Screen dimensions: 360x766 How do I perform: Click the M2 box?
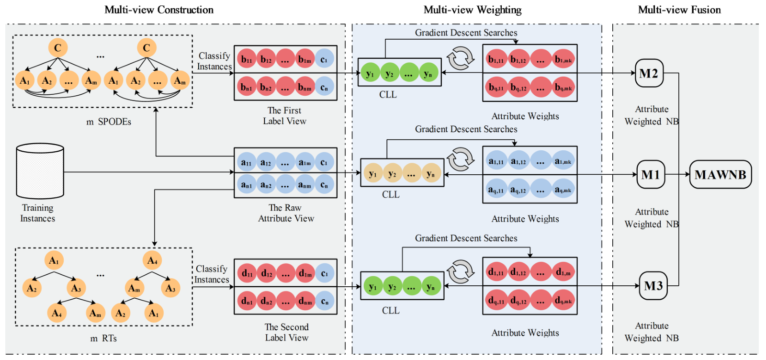[x=649, y=73]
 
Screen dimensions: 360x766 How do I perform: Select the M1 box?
[x=651, y=175]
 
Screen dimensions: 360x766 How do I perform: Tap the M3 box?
[x=653, y=286]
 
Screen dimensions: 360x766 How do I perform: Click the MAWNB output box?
[x=720, y=175]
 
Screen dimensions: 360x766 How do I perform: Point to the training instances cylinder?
[x=40, y=171]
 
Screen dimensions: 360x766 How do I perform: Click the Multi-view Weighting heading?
[x=473, y=10]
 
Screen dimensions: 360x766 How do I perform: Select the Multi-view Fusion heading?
[x=679, y=10]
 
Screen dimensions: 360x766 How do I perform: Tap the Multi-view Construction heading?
[x=159, y=10]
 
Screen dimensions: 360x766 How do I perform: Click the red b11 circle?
[x=247, y=59]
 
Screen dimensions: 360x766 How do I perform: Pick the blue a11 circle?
[x=246, y=163]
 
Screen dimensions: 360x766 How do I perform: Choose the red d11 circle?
[x=247, y=273]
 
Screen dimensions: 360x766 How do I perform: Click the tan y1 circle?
[x=372, y=174]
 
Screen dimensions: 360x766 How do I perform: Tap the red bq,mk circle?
[x=563, y=88]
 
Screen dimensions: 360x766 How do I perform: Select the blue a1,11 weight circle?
[x=496, y=162]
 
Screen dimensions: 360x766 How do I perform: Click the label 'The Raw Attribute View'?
[x=286, y=213]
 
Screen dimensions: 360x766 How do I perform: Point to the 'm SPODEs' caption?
[x=109, y=122]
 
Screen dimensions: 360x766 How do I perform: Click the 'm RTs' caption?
[x=103, y=338]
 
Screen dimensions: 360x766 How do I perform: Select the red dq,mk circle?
[x=563, y=301]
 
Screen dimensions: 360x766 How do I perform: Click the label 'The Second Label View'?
[x=286, y=332]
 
